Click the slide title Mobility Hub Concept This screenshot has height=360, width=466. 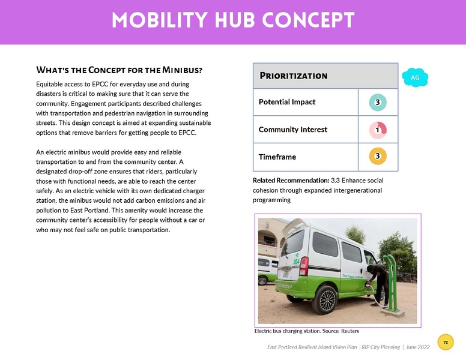[232, 21]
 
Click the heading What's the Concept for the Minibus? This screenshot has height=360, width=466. [120, 70]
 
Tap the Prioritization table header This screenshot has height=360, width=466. [293, 76]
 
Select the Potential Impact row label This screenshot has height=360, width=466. [287, 102]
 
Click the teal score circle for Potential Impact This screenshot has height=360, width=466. [377, 103]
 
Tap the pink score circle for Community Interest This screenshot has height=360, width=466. [377, 130]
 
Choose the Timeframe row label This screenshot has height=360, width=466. [277, 157]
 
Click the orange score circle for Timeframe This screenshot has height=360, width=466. [377, 157]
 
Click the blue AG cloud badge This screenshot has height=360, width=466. [416, 77]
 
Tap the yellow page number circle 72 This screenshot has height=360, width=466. [446, 342]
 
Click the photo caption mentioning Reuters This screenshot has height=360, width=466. [307, 331]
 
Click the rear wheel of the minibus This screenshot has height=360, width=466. [325, 299]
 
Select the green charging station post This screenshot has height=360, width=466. [392, 282]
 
